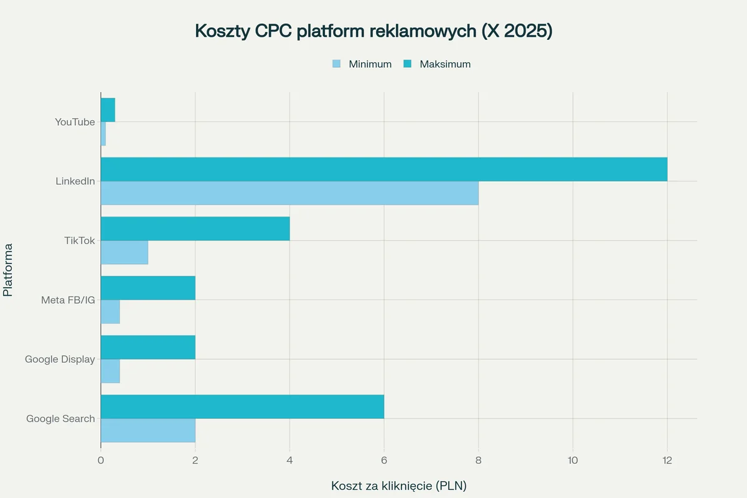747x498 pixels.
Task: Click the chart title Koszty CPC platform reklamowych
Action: (x=374, y=31)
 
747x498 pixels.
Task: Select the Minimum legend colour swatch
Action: (x=337, y=63)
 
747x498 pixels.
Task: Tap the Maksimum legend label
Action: (x=444, y=63)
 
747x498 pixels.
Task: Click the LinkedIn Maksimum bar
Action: (x=383, y=169)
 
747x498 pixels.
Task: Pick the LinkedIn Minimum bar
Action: (x=289, y=193)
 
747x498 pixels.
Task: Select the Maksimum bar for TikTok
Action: (x=195, y=228)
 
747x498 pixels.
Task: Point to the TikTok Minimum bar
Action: (x=125, y=252)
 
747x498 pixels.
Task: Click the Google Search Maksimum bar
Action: (x=242, y=406)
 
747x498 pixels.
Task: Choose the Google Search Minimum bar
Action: (x=148, y=430)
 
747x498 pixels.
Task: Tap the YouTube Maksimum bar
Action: (x=108, y=110)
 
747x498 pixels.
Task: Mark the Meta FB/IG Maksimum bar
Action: (x=148, y=288)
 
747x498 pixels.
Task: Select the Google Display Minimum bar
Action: (x=110, y=371)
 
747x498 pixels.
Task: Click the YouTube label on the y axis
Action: (x=75, y=122)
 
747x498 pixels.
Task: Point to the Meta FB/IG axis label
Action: (x=68, y=300)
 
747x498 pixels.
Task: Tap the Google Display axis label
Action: (x=60, y=359)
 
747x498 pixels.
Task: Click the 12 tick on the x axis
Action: (x=667, y=460)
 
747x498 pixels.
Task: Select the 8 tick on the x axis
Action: (x=478, y=460)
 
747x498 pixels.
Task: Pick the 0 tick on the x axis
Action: (x=101, y=460)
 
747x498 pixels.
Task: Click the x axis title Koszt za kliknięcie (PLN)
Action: (x=398, y=485)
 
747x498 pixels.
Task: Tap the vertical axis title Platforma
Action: (x=8, y=270)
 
